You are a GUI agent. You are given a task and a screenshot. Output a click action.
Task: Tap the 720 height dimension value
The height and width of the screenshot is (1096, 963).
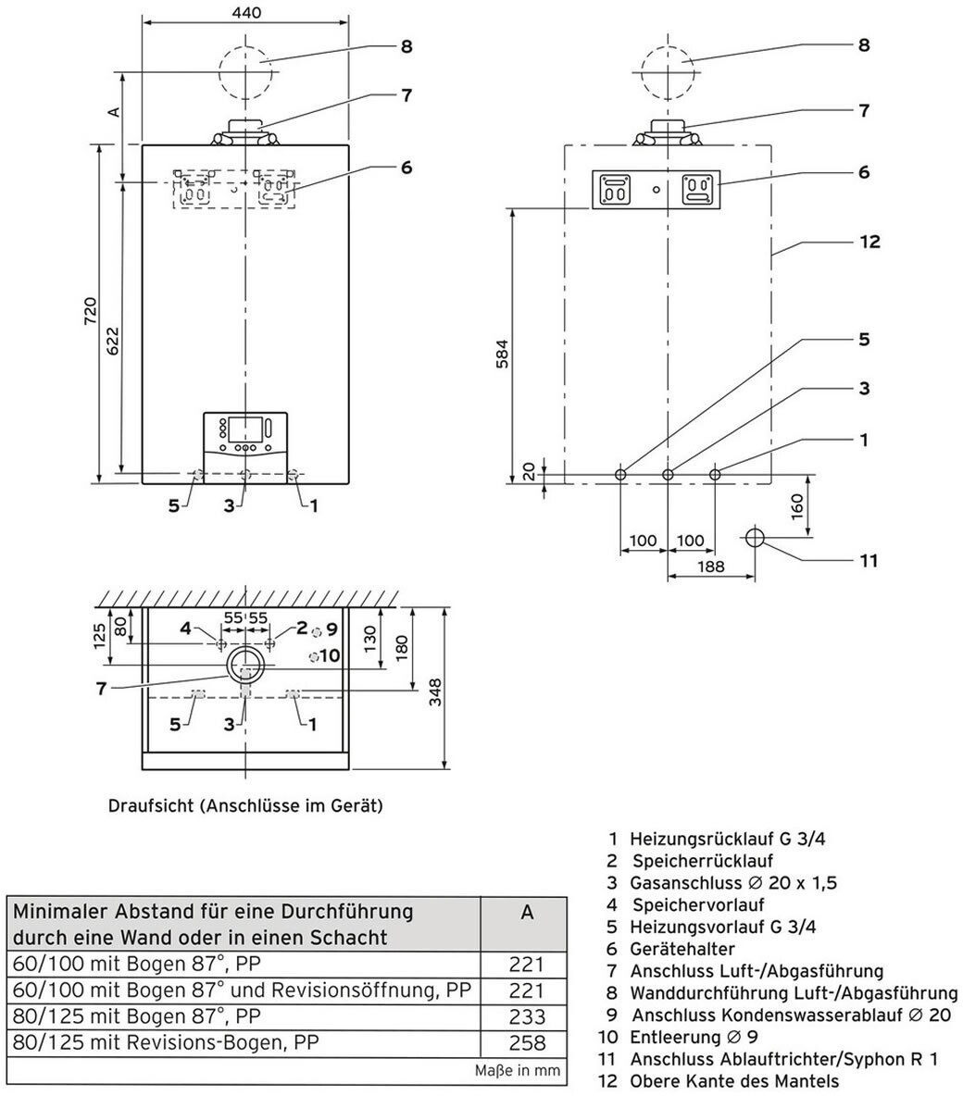(x=91, y=311)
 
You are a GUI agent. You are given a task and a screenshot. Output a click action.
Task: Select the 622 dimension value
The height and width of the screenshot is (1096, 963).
(x=113, y=341)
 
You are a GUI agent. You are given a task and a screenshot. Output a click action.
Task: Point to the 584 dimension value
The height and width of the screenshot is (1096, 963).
(x=502, y=353)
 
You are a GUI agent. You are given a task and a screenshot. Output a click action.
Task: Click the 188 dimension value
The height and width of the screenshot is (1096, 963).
(x=710, y=567)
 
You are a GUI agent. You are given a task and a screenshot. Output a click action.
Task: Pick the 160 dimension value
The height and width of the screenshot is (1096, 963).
(x=796, y=507)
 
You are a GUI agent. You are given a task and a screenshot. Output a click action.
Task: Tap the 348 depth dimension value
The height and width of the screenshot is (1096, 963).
(x=435, y=692)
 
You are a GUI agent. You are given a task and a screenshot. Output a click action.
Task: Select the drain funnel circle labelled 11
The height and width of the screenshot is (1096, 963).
(x=755, y=538)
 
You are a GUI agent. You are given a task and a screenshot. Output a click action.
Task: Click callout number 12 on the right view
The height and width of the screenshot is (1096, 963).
(x=869, y=242)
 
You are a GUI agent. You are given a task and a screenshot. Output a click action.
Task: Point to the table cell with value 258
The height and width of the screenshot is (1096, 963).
(x=526, y=1043)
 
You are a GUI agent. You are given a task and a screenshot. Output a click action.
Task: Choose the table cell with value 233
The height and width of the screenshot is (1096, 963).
(x=526, y=1017)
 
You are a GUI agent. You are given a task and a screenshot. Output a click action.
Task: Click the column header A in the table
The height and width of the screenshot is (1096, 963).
(x=526, y=912)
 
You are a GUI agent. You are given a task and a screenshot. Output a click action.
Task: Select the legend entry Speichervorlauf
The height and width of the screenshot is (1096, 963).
(x=698, y=904)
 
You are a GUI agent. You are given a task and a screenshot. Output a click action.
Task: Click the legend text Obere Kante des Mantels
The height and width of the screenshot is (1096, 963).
(x=734, y=1080)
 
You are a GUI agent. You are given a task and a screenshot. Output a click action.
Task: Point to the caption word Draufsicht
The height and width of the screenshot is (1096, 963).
(x=150, y=805)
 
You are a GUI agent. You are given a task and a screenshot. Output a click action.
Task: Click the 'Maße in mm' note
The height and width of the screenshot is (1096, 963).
(x=518, y=1070)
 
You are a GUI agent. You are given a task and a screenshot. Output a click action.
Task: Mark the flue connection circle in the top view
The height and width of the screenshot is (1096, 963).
(x=245, y=663)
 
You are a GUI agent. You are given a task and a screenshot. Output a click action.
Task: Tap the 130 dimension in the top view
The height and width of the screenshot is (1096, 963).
(x=370, y=638)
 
